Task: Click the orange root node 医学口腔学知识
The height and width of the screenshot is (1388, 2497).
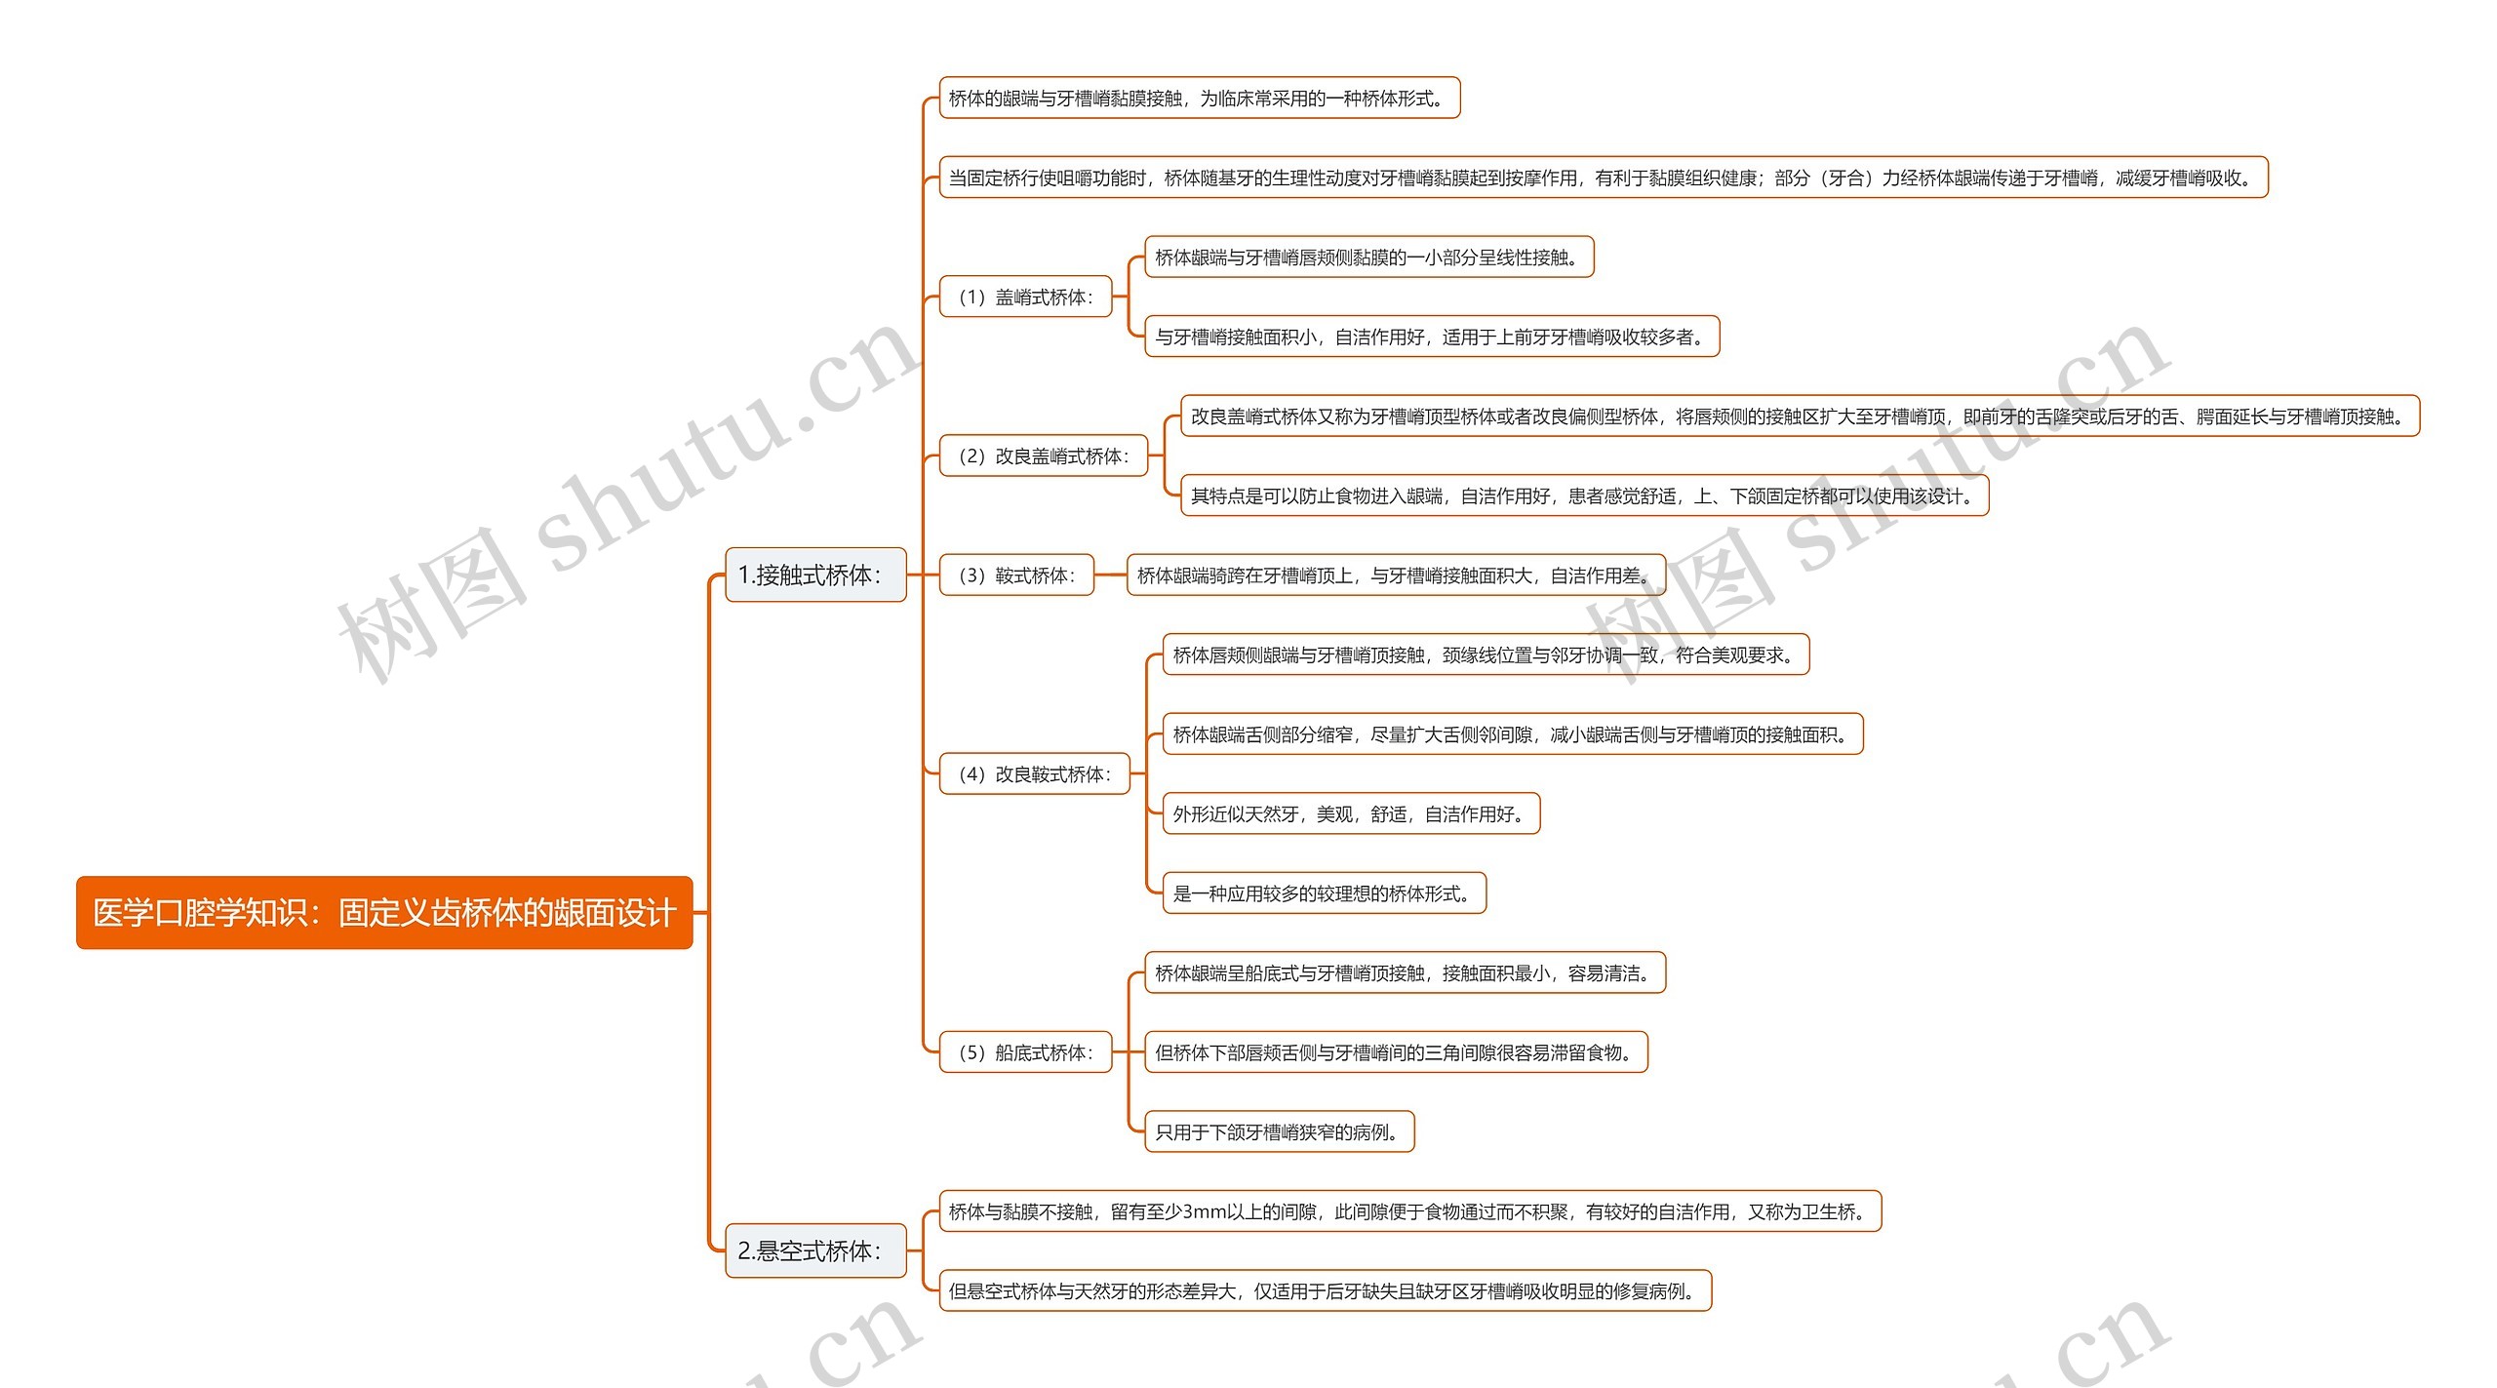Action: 384,913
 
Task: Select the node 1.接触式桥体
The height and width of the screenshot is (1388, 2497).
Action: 815,575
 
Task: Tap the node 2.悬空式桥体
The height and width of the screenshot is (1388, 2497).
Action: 815,1251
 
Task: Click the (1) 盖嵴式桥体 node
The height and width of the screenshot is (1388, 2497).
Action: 1025,297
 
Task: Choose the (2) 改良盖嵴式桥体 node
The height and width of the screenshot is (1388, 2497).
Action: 1043,456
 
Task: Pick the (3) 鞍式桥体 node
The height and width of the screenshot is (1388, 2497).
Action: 1016,575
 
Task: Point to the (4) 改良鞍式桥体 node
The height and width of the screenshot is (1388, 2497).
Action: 1034,774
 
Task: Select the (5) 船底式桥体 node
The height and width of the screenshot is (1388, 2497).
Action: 1025,1052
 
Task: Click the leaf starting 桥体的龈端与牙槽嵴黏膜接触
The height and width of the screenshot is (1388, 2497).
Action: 1199,99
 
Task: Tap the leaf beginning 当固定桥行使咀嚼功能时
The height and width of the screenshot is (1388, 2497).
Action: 1603,178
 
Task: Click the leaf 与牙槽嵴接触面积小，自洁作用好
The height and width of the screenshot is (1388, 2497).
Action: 1431,337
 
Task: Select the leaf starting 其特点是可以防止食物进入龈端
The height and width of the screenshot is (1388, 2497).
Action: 1584,496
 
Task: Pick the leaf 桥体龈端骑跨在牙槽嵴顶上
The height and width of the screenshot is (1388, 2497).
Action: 1396,575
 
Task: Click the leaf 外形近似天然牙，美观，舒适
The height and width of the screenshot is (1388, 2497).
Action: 1351,813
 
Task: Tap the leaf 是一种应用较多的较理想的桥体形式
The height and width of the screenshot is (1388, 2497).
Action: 1324,893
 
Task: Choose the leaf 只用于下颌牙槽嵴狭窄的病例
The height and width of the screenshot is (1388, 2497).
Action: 1279,1131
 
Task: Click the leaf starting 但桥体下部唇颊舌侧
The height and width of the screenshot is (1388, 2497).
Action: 1396,1052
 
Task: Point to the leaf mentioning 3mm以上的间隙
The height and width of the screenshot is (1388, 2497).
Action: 1409,1211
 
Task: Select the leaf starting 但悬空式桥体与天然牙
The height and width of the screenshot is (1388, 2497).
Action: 1325,1291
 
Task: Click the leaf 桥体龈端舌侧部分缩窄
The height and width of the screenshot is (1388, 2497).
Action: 1512,734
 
